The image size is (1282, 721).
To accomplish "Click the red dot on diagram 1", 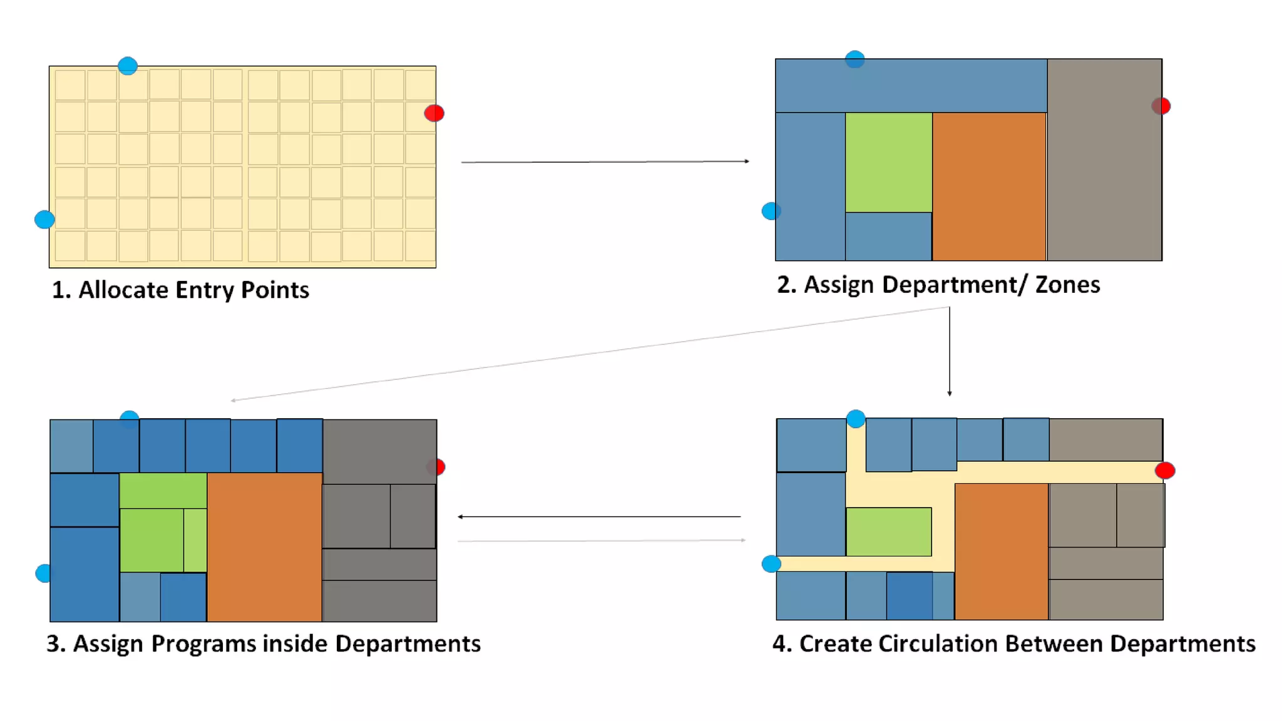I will (x=434, y=113).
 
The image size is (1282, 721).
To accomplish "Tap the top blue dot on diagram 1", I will (x=128, y=66).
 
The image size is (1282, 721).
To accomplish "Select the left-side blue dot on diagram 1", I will (x=44, y=220).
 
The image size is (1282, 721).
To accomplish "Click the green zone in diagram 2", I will (x=888, y=162).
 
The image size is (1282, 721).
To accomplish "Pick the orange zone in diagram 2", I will (x=989, y=186).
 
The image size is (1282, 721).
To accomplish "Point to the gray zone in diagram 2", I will (x=1104, y=160).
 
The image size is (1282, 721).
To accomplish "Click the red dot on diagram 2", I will (x=1161, y=106).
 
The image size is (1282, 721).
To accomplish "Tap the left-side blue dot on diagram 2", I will (x=771, y=212).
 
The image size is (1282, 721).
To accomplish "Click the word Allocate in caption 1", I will (x=123, y=290).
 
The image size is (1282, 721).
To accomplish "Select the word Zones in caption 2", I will (x=1067, y=285).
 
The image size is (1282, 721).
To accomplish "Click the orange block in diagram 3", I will (x=264, y=546).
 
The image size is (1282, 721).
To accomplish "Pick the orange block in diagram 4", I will (x=1001, y=551).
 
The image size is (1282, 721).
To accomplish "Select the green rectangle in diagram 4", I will (x=888, y=531).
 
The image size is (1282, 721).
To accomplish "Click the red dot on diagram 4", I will (x=1165, y=471).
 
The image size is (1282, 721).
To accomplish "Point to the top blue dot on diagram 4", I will (x=856, y=418).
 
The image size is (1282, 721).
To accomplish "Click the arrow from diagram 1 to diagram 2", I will (x=605, y=161).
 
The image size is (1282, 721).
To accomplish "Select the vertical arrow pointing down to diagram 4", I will (x=950, y=350).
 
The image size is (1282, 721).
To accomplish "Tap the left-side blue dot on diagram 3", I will (x=44, y=573).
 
